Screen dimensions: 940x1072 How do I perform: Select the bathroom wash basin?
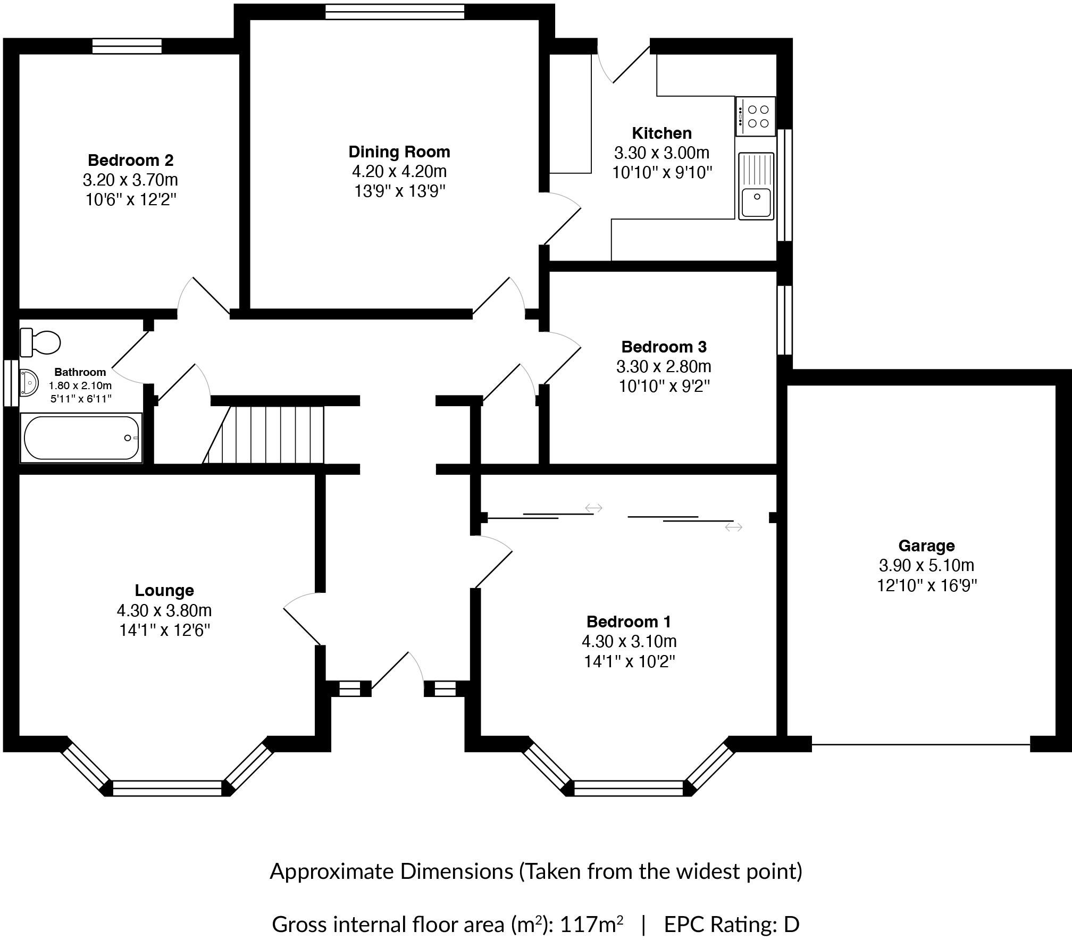tap(28, 383)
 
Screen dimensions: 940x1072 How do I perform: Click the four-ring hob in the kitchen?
tap(756, 116)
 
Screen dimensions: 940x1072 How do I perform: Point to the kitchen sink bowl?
tap(756, 202)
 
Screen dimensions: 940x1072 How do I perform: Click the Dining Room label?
tap(399, 152)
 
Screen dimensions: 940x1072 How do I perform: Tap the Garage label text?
tap(926, 545)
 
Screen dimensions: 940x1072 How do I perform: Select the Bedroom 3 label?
tap(664, 347)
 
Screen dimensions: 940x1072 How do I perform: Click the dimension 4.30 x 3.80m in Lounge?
tap(164, 610)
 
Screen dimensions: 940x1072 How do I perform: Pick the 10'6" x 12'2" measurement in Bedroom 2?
tap(131, 200)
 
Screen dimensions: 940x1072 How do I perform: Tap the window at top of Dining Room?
tap(395, 12)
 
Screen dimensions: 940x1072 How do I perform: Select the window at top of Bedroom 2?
tap(127, 46)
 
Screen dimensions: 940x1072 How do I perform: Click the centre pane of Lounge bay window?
tap(167, 787)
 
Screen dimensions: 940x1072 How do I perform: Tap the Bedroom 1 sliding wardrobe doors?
tap(627, 516)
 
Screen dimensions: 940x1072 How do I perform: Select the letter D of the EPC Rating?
tap(791, 925)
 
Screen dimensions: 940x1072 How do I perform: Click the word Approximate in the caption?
tap(332, 871)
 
